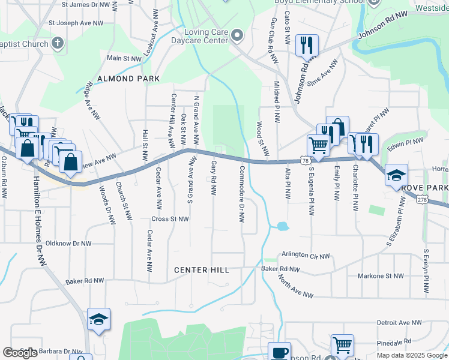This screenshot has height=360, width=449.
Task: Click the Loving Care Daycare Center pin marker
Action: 237,35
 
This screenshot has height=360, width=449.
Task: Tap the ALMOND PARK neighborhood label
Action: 128,79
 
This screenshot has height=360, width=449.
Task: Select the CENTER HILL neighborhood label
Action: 202,270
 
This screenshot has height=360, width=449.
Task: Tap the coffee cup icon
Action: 279,352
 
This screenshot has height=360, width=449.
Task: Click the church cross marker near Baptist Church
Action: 58,43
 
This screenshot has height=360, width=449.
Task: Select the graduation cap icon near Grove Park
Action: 396,175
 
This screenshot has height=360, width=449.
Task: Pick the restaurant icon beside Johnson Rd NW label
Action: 307,45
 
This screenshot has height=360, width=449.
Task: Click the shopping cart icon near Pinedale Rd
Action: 342,345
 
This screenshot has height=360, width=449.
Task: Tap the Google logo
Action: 20,353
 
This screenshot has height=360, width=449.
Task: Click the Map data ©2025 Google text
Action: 411,355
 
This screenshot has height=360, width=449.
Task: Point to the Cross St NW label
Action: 171,220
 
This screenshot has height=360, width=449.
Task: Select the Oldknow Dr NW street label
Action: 69,244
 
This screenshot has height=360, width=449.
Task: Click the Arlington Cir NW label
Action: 306,256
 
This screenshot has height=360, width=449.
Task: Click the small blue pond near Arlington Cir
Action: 282,227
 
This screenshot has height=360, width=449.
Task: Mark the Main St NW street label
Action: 124,58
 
